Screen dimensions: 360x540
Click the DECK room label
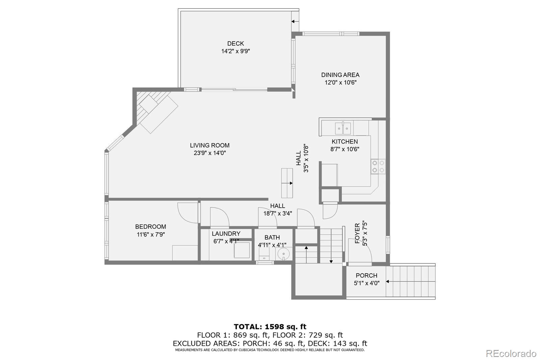[235, 44]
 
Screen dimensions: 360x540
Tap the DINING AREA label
[340, 75]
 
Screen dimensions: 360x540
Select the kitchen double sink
[343, 128]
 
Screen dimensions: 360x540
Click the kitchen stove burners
[378, 166]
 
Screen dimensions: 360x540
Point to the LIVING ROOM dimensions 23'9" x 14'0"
[210, 153]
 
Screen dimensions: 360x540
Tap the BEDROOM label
[151, 227]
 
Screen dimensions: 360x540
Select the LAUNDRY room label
[226, 234]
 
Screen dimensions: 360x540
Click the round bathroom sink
[283, 253]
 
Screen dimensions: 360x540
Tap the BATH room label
[272, 238]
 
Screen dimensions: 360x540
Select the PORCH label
[366, 276]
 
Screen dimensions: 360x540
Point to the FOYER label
[357, 233]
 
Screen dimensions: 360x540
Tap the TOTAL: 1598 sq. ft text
[270, 327]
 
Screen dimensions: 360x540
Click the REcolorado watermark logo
[511, 353]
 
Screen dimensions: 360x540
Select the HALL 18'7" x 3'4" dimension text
[277, 213]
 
